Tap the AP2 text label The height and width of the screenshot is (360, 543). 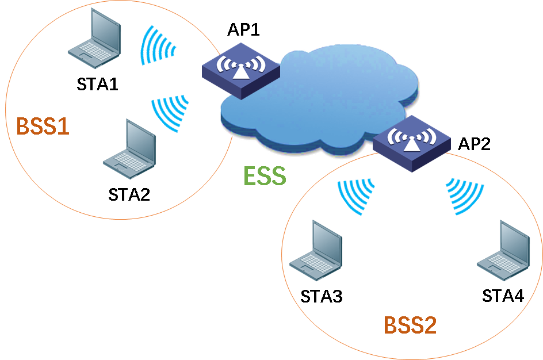tap(474, 144)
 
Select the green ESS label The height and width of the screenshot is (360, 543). tap(265, 176)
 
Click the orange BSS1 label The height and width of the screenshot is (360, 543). tap(43, 126)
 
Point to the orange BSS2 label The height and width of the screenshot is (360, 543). tap(410, 325)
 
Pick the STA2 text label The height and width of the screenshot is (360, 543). tap(129, 194)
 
